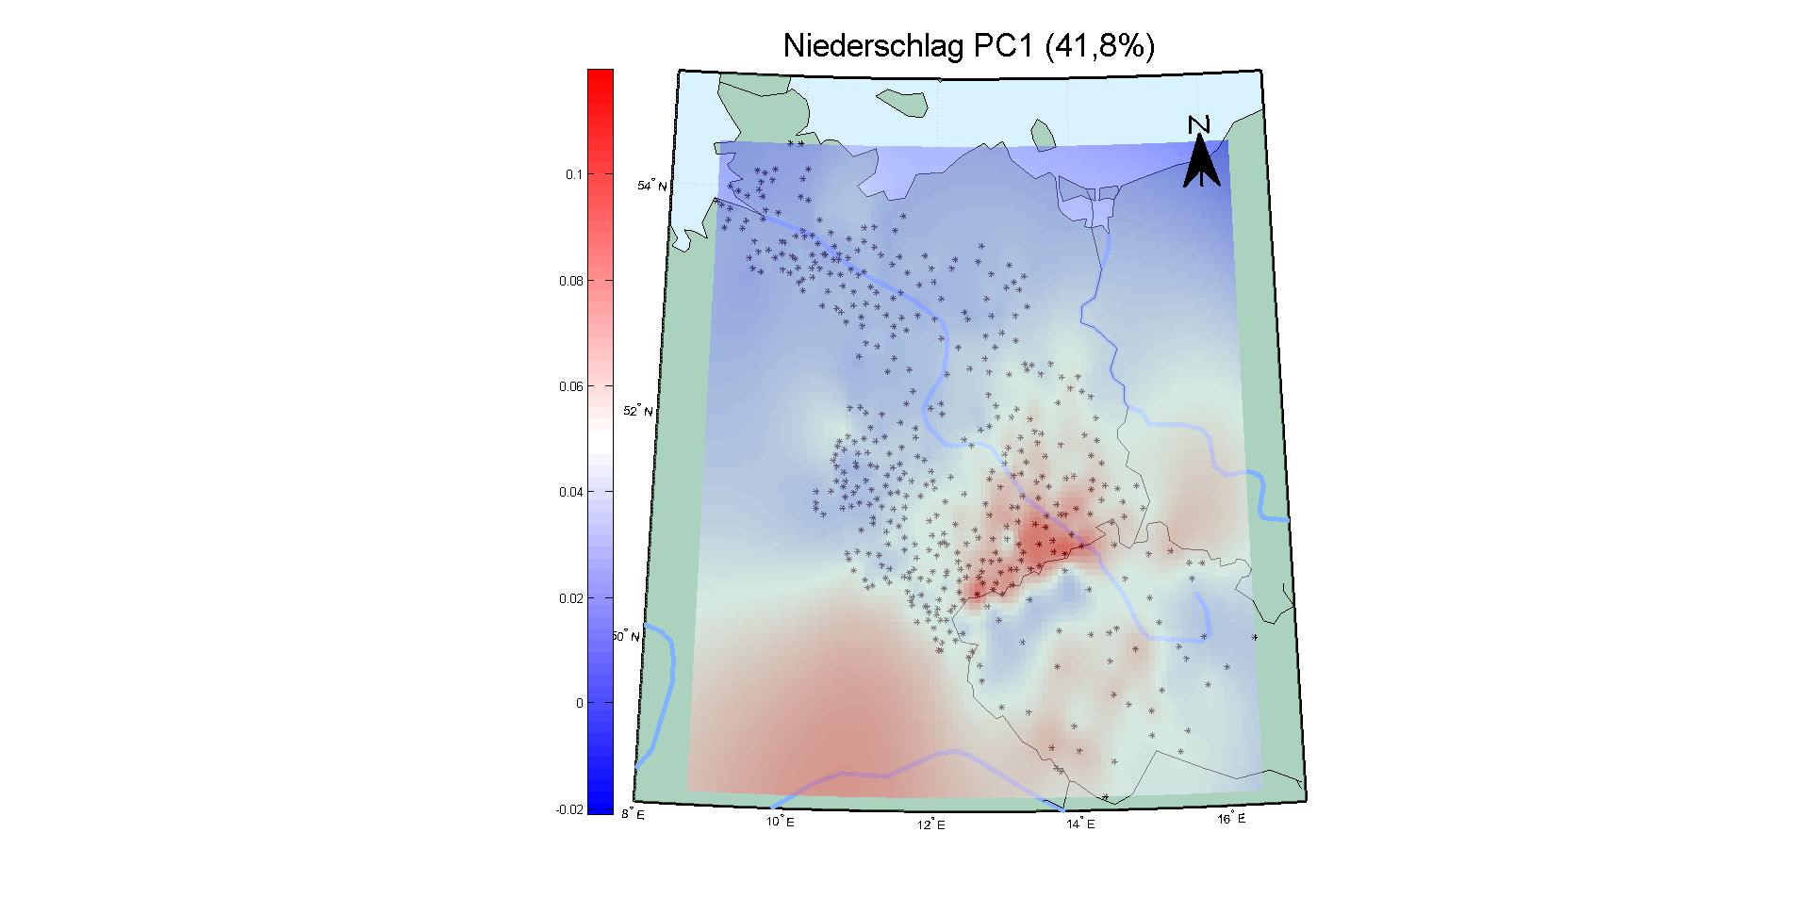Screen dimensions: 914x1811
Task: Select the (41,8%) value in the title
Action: pos(1099,46)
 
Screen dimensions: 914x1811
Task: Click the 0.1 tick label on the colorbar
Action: pos(573,174)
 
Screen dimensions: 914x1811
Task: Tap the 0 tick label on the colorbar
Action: pos(579,703)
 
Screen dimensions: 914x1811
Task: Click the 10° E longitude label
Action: pos(780,822)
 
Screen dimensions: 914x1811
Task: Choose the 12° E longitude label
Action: pos(930,825)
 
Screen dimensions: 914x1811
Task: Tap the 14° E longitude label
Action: pos(1080,824)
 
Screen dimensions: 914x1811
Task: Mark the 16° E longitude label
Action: pos(1230,819)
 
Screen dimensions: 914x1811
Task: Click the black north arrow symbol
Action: pos(1201,162)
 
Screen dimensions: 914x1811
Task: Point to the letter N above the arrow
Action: pos(1199,124)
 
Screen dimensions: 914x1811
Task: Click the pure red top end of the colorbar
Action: pos(600,75)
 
